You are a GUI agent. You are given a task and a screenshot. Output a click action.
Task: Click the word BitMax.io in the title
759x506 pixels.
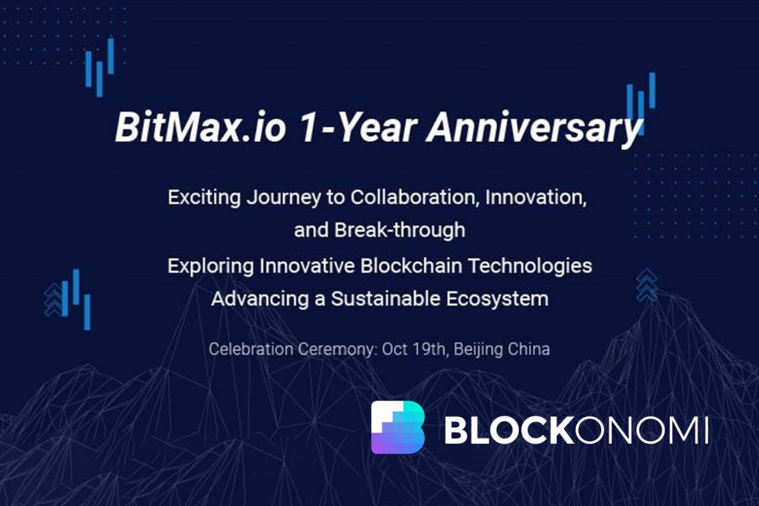click(x=200, y=128)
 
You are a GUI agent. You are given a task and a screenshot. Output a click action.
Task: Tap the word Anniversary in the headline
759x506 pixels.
click(x=534, y=128)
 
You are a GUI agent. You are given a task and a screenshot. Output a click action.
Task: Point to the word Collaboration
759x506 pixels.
click(x=415, y=197)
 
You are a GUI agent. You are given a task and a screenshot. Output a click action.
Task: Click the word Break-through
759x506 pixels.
click(x=400, y=230)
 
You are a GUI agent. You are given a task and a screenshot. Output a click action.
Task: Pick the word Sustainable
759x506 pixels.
click(x=385, y=298)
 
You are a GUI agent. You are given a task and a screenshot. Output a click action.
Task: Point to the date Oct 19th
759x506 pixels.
click(x=414, y=349)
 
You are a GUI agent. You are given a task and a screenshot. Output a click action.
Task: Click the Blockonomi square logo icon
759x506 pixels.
click(x=398, y=427)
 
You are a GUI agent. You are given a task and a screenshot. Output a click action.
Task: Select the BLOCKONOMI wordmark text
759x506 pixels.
click(x=577, y=430)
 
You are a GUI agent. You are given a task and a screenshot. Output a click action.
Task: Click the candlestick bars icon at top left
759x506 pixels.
click(x=100, y=67)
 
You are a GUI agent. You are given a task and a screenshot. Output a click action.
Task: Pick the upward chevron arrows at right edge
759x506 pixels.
click(x=646, y=285)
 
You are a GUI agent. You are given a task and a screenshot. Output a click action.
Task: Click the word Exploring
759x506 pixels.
click(x=211, y=266)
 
